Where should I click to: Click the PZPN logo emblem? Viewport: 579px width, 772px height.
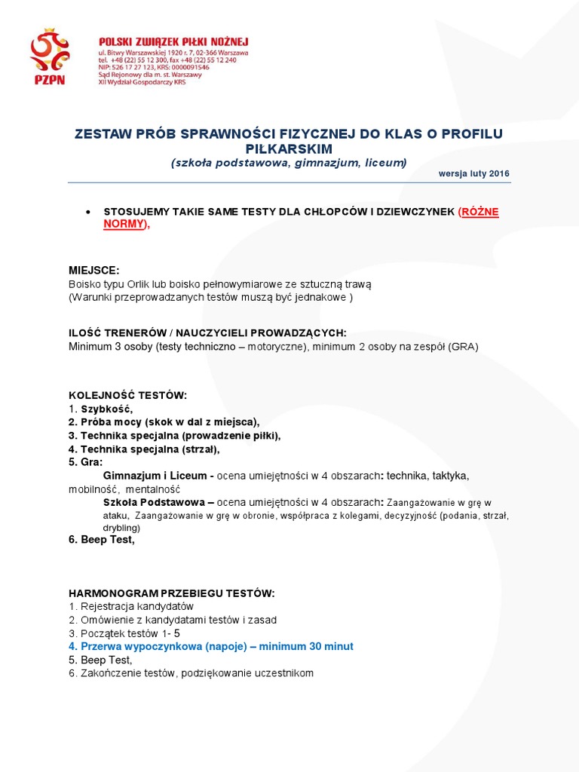coord(49,57)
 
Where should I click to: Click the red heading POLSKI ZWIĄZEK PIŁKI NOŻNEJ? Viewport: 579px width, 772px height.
coord(173,41)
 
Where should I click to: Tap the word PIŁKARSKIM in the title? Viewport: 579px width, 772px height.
coord(289,149)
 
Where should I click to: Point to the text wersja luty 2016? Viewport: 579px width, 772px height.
coord(473,173)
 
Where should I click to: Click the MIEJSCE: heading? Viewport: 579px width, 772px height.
coord(94,271)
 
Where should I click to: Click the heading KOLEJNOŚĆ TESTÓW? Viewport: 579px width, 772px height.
coord(127,395)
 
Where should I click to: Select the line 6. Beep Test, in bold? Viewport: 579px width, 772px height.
coord(102,539)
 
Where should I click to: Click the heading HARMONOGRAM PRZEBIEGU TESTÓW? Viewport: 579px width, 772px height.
coord(172,593)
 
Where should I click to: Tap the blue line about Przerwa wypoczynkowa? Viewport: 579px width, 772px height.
coord(211,647)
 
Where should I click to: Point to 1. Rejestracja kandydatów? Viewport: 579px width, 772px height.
coord(131,606)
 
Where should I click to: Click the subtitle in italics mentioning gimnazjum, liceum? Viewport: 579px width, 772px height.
coord(289,163)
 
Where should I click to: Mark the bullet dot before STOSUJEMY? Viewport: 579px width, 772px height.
coord(89,212)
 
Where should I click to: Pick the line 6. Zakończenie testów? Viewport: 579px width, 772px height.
coord(191,673)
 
